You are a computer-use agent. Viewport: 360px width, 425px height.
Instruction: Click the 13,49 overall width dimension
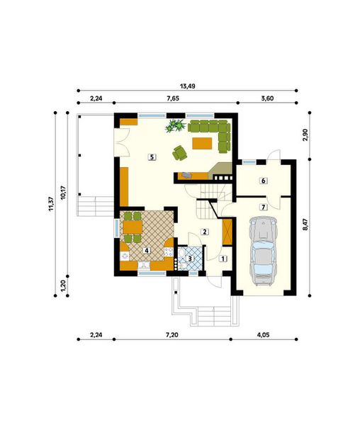(188, 86)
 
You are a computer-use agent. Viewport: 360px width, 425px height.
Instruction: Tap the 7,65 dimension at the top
(173, 98)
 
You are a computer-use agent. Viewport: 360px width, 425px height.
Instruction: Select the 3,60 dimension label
(267, 98)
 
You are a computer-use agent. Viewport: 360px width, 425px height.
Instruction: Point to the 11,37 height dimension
(52, 204)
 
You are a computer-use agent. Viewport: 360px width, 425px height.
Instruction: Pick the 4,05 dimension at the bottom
(263, 335)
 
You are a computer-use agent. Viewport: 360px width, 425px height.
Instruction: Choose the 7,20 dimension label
(172, 335)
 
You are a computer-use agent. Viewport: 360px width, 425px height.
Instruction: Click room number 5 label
(152, 157)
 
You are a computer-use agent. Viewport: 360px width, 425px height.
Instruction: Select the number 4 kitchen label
(147, 251)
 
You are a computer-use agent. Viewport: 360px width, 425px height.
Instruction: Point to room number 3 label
(190, 259)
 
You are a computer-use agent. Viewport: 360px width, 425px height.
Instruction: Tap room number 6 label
(263, 181)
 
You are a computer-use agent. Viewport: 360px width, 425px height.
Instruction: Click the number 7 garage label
(263, 207)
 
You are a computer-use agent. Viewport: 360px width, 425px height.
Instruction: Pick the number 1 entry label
(223, 259)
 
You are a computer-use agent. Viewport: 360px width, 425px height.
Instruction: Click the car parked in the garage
(263, 251)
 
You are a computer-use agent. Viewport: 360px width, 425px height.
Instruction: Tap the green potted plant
(175, 125)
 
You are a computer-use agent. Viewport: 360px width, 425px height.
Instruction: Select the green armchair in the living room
(179, 153)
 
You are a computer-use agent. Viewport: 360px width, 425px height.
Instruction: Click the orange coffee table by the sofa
(202, 143)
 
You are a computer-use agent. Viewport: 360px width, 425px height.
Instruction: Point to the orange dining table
(133, 227)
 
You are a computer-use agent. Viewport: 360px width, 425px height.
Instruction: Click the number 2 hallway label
(204, 232)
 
